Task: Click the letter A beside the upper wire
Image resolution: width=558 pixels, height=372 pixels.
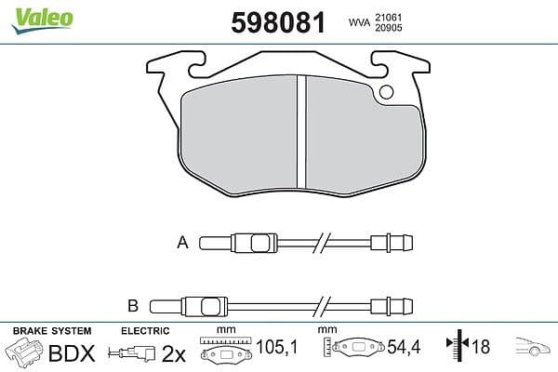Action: pos(182,244)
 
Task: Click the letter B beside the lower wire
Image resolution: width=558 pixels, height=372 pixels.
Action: pos(133,304)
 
